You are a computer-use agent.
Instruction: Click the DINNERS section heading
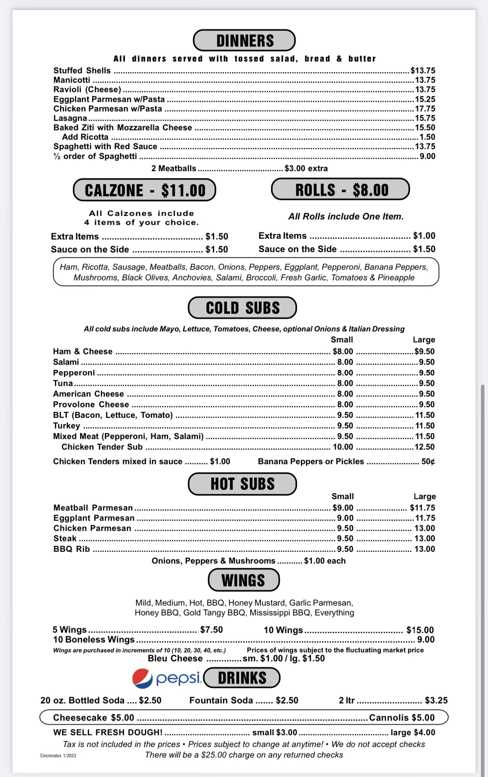[x=244, y=40]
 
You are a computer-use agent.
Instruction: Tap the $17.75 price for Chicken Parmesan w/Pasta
[x=425, y=109]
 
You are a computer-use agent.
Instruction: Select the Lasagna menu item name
[x=70, y=118]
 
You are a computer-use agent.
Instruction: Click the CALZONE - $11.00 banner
[x=145, y=190]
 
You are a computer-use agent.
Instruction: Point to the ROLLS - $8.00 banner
[x=341, y=190]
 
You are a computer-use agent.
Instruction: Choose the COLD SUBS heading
[x=242, y=308]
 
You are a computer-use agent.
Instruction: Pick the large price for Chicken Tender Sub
[x=424, y=447]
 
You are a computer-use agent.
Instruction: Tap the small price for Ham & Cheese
[x=343, y=352]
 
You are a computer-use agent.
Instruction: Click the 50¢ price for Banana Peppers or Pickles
[x=428, y=462]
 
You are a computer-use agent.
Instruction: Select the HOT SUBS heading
[x=242, y=484]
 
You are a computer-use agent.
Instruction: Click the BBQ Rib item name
[x=72, y=549]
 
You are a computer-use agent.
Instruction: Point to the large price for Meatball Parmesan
[x=422, y=508]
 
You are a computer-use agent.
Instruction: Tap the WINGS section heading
[x=244, y=580]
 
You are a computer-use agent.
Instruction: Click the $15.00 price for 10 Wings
[x=420, y=630]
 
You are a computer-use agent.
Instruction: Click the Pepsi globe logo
[x=142, y=678]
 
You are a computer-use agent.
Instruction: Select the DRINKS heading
[x=242, y=678]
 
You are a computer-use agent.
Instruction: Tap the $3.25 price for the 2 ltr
[x=436, y=700]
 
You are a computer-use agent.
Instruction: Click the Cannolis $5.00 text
[x=402, y=718]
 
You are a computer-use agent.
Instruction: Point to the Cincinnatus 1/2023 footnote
[x=58, y=755]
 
